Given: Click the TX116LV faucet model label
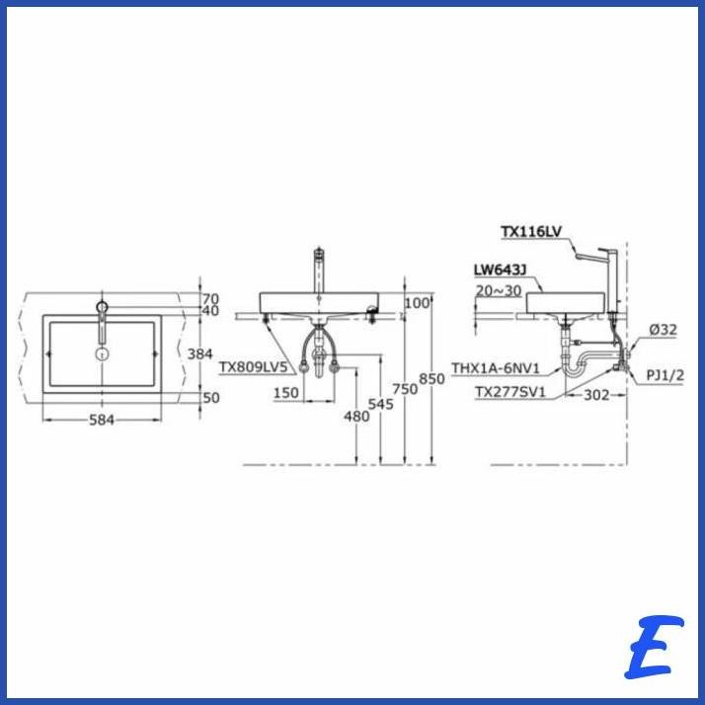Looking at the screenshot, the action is tap(531, 232).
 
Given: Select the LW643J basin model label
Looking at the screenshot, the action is tap(500, 270).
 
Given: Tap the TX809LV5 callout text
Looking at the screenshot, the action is tap(253, 367).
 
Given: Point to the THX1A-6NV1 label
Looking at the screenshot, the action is tap(496, 368).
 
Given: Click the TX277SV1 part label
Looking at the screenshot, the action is tap(510, 393).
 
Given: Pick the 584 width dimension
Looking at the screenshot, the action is tap(102, 420).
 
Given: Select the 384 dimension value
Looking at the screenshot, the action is tap(199, 354).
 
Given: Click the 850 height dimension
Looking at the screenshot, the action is tap(431, 379).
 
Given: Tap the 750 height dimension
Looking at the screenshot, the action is tap(405, 389).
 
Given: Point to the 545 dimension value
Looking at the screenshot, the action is tap(381, 404).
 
